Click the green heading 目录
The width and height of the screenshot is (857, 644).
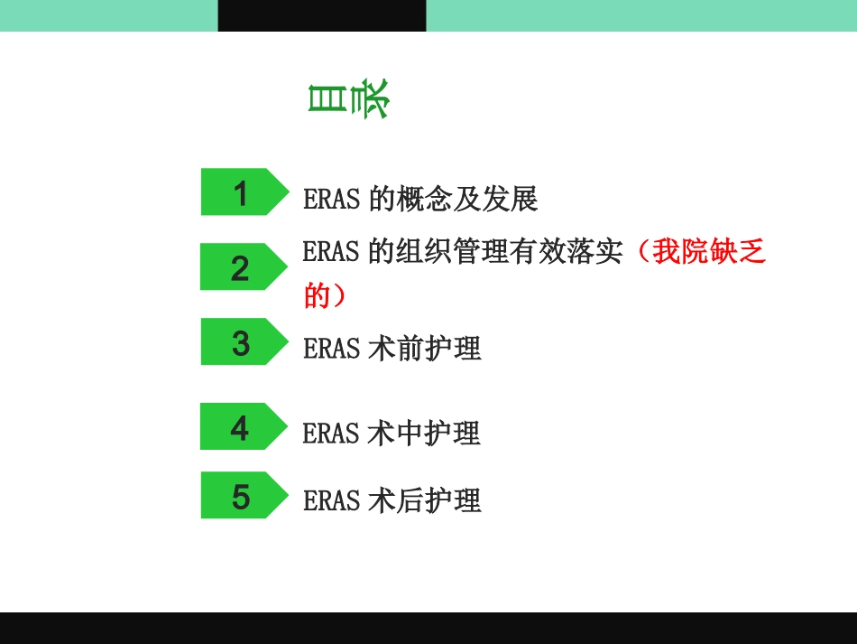[x=347, y=100]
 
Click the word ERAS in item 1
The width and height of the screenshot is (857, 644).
[x=332, y=200]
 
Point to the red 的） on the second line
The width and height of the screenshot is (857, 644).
[x=325, y=295]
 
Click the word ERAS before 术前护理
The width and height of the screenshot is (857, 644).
[x=332, y=349]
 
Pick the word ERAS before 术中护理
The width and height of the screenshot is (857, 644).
[x=332, y=434]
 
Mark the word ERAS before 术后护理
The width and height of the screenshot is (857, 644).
[x=332, y=500]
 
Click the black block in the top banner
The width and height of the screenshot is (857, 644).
[x=322, y=15]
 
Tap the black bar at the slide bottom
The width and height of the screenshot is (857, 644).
[x=428, y=628]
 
